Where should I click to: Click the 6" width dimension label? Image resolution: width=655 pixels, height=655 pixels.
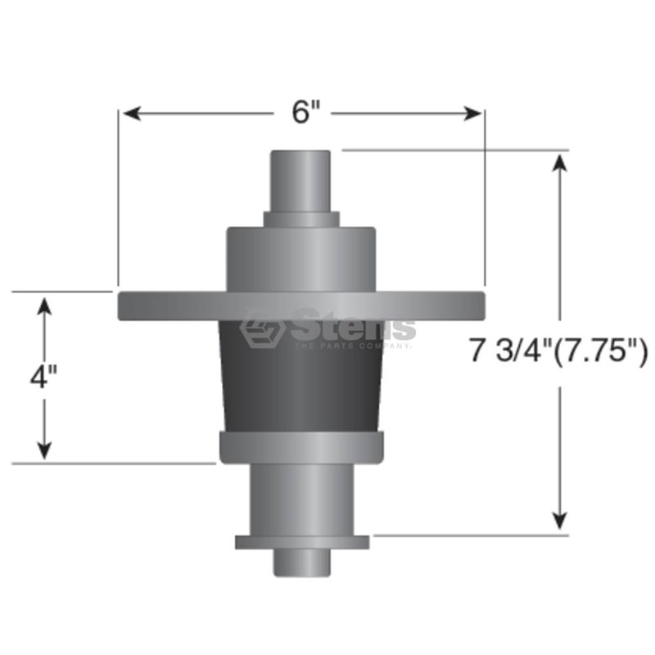[x=305, y=113]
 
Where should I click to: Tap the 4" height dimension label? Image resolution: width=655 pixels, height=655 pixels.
[x=43, y=377]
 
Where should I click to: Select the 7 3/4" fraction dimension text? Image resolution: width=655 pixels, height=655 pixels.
[x=510, y=351]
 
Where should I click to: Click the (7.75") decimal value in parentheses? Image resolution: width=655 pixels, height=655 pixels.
[x=600, y=352]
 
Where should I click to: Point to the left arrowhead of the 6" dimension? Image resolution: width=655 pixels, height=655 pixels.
[x=132, y=113]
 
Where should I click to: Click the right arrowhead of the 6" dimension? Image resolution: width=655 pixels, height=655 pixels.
[x=473, y=113]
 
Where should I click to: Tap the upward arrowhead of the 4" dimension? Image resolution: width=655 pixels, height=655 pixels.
[x=44, y=306]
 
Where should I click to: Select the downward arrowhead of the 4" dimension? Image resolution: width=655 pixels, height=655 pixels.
[x=44, y=451]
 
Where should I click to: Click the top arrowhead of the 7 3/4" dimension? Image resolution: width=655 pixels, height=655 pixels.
[x=559, y=162]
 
